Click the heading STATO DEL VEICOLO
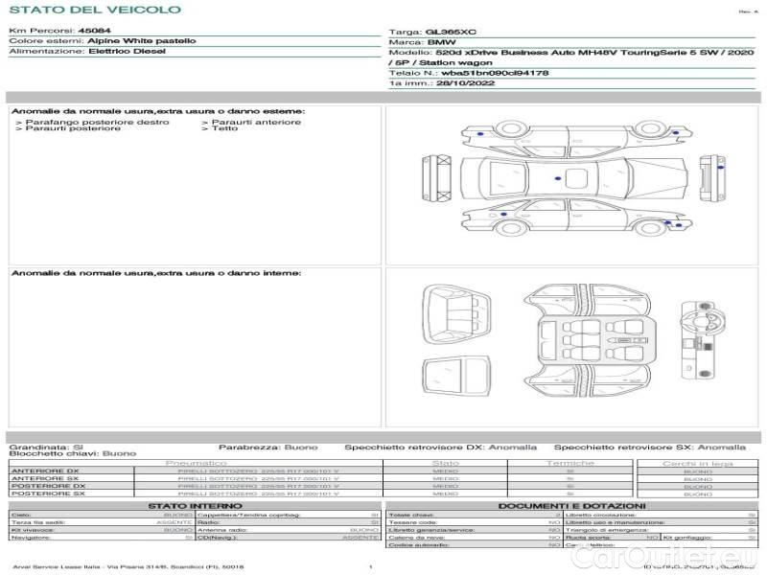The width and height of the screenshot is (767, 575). point(95,10)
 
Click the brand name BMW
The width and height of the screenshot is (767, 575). point(441,43)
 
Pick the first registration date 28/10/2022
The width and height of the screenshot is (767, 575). point(459,84)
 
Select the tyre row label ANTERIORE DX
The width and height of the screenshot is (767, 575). point(45,471)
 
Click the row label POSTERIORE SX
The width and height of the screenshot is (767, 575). point(47,494)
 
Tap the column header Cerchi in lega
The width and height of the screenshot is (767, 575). point(697,463)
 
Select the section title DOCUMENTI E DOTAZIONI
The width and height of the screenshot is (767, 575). point(571,505)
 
